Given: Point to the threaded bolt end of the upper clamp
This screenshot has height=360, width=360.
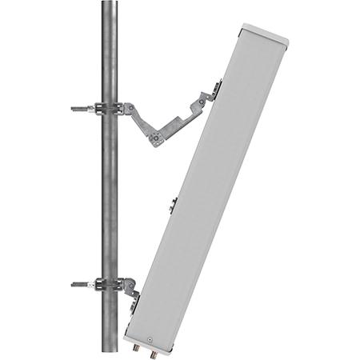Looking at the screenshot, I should point(78,107).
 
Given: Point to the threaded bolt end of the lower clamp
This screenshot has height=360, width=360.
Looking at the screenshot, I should point(78,283).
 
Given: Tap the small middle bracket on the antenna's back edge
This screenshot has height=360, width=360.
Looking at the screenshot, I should point(172,203).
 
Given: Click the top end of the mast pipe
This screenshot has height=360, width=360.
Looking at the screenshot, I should point(109,4).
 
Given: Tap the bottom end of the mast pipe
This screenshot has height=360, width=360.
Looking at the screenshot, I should point(109,355).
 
